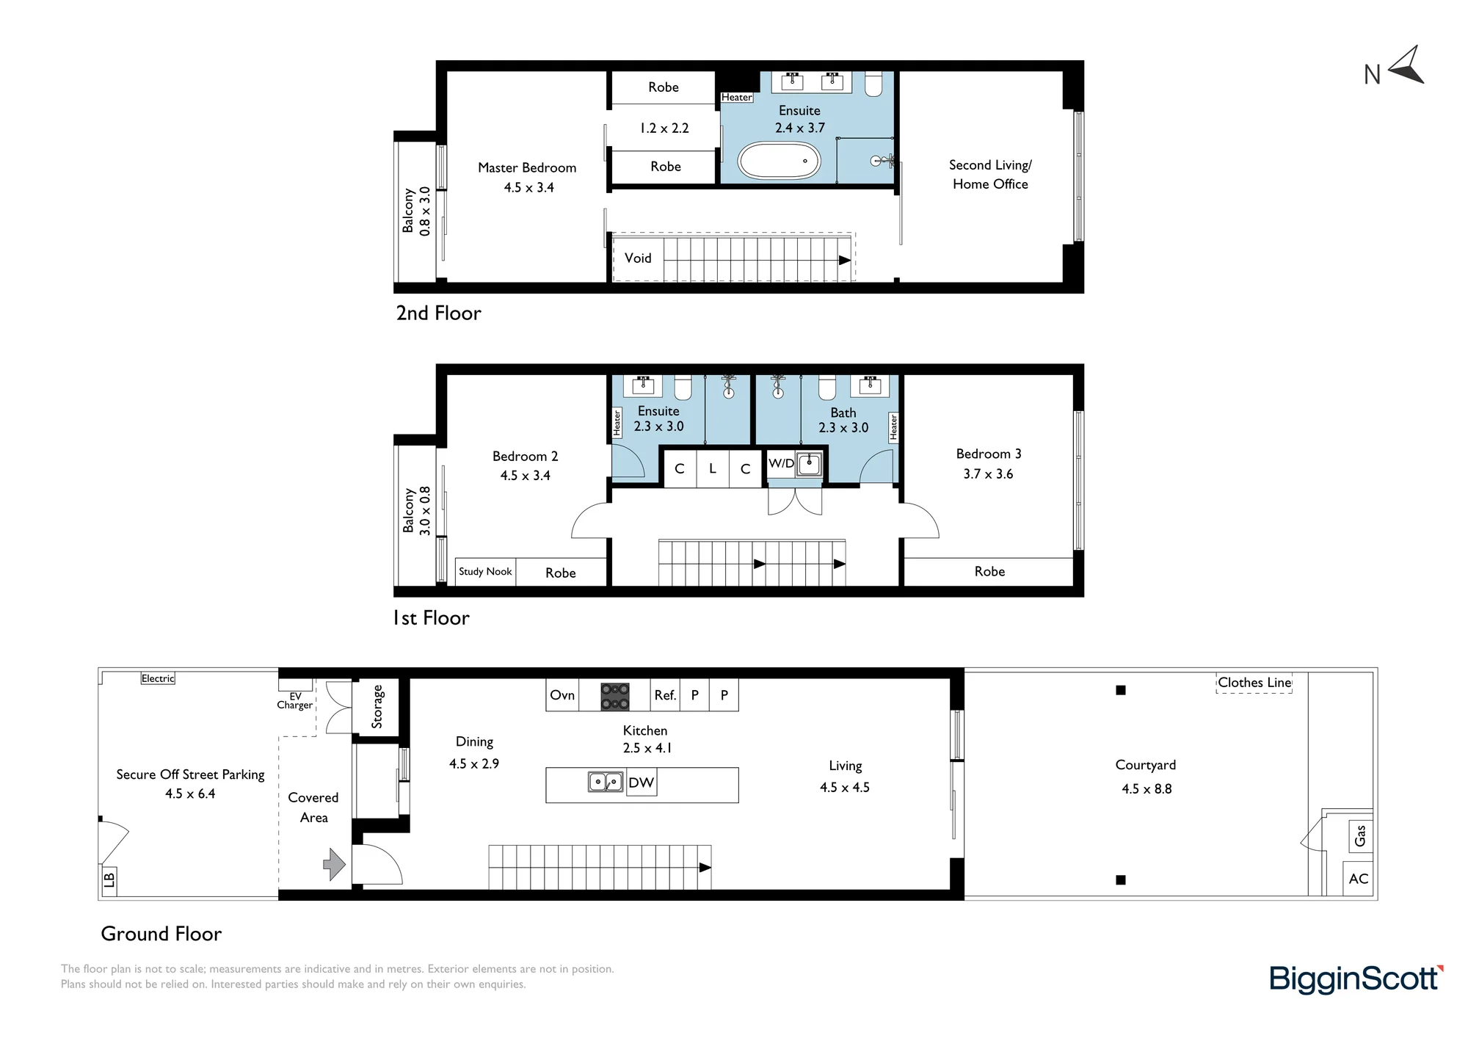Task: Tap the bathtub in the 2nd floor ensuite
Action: click(779, 160)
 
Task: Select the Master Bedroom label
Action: click(527, 168)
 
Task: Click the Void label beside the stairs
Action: click(638, 258)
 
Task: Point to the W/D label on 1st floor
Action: click(781, 463)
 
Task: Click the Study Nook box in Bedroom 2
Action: click(485, 572)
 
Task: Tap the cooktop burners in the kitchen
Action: click(615, 696)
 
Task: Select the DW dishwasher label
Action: click(641, 783)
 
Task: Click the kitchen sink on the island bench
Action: click(606, 782)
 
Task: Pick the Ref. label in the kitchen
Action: click(665, 695)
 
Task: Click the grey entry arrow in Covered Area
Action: click(335, 864)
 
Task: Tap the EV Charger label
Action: click(295, 701)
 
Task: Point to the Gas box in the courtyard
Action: click(1360, 835)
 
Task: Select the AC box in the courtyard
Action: click(1358, 879)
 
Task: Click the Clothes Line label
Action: click(1254, 683)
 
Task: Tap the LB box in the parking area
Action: click(109, 879)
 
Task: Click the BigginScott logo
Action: click(1356, 979)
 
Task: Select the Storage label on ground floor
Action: click(377, 706)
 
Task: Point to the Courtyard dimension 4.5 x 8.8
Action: click(1147, 789)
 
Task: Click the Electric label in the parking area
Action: click(158, 678)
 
